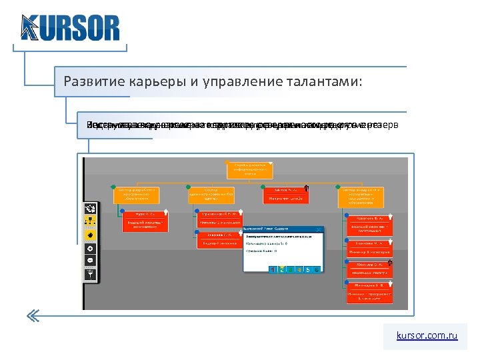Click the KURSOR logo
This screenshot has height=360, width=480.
(70, 28)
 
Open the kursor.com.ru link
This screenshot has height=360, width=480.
(426, 336)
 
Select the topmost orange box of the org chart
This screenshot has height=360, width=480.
(244, 169)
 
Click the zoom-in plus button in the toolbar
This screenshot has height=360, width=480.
(89, 249)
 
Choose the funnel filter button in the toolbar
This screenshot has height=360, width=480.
(89, 273)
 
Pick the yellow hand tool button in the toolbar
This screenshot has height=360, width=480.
(89, 235)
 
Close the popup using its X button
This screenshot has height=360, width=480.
(319, 229)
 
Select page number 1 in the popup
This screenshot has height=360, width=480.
(273, 269)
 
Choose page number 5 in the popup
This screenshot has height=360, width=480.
(307, 269)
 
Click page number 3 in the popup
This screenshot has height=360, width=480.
(290, 269)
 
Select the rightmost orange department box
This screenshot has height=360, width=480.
(363, 194)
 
